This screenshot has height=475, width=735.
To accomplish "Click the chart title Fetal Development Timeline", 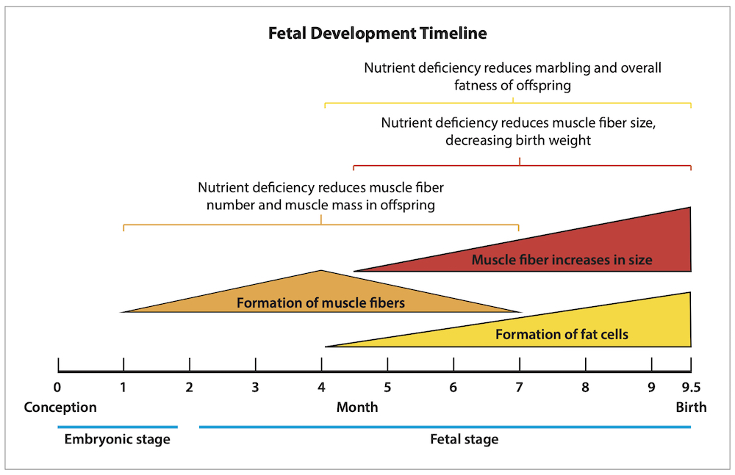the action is click(377, 34).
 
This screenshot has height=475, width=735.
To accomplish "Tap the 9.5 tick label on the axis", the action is click(691, 388).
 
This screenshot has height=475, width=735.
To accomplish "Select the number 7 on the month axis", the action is click(519, 388).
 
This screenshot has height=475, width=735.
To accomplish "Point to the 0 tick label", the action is click(57, 388).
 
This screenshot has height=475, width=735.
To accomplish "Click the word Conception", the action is click(60, 407).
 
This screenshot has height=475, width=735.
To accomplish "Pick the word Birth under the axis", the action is click(691, 407).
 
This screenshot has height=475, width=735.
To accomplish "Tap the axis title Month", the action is click(357, 407).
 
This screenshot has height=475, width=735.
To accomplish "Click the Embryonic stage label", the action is click(117, 440).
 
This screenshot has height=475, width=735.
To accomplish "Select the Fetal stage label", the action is click(464, 440).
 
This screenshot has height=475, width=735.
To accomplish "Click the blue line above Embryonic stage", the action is click(118, 427).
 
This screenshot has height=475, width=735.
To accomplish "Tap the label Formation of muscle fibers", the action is click(320, 302).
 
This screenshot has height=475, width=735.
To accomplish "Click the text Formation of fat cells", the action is click(562, 335).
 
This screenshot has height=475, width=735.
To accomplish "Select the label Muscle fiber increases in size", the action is click(562, 260).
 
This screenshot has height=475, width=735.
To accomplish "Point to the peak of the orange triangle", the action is click(321, 270).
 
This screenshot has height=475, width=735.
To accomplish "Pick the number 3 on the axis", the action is click(255, 388).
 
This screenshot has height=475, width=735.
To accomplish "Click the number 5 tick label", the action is click(387, 388).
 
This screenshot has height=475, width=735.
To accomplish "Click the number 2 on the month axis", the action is click(189, 388).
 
